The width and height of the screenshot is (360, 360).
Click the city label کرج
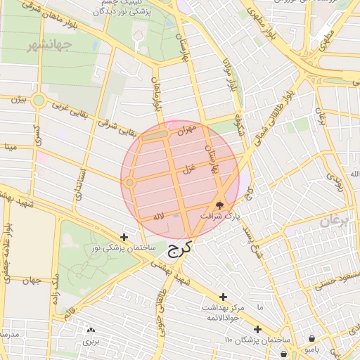pyautogui.click(x=179, y=251)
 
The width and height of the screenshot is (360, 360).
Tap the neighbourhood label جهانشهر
pyautogui.click(x=50, y=46)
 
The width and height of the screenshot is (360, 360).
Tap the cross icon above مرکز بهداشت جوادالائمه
pyautogui.click(x=224, y=297)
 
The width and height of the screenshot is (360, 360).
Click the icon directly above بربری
pyautogui.click(x=91, y=330)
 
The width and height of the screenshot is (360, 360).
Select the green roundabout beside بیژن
pyautogui.click(x=39, y=101)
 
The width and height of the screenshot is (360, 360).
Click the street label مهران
pyautogui.click(x=186, y=130)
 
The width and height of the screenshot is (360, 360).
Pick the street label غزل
pyautogui.click(x=188, y=169)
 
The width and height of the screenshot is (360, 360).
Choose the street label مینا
pyautogui.click(x=10, y=147)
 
